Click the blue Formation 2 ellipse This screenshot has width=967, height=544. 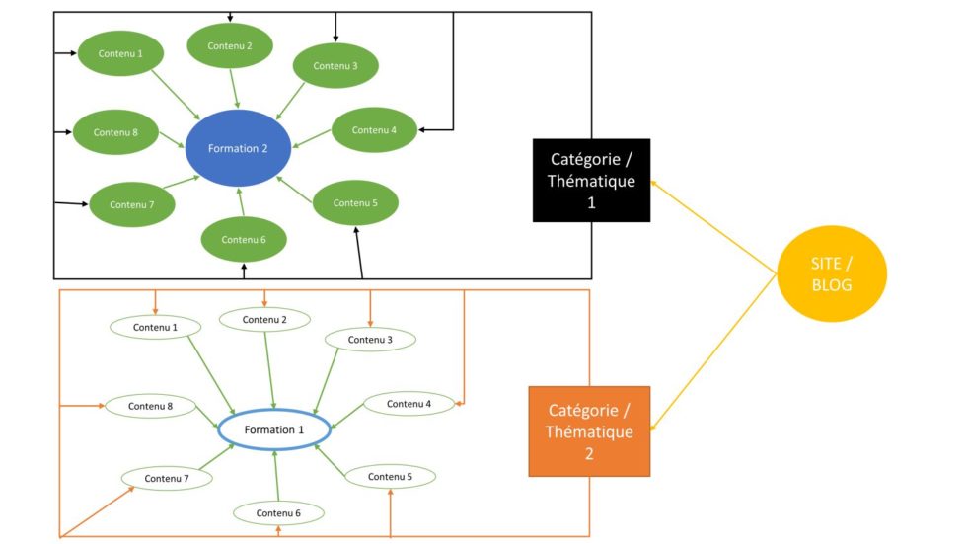pos(238,148)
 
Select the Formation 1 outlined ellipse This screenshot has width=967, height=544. pos(274,430)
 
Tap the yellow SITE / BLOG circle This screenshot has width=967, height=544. pos(831,273)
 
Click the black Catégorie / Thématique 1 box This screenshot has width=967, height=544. pos(591,180)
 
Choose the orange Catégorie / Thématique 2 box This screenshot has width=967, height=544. pos(589,431)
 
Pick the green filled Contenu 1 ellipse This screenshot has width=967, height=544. pos(119,52)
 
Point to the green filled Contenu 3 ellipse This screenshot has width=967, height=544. pos(335,65)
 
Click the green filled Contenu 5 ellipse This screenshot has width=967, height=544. pos(355,202)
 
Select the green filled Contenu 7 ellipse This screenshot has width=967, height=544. pos(132,204)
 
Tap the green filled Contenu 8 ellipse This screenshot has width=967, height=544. pos(115,131)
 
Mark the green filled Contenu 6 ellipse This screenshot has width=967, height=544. pos(244,239)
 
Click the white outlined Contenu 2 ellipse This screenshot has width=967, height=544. pos(264,319)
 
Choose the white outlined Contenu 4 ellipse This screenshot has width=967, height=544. pos(409,403)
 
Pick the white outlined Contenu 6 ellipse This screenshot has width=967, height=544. pos(278,513)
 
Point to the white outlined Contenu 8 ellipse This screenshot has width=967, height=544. pos(150,406)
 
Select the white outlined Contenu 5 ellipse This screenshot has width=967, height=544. pos(390,476)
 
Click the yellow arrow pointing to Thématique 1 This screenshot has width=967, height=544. pos(712,227)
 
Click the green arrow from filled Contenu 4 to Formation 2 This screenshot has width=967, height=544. pos(314,140)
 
